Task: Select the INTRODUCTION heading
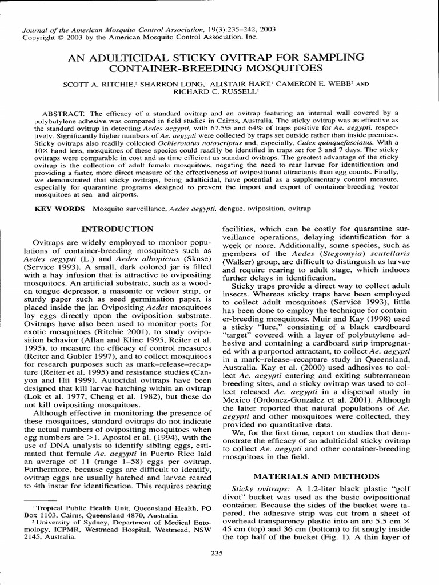tap(118, 229)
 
